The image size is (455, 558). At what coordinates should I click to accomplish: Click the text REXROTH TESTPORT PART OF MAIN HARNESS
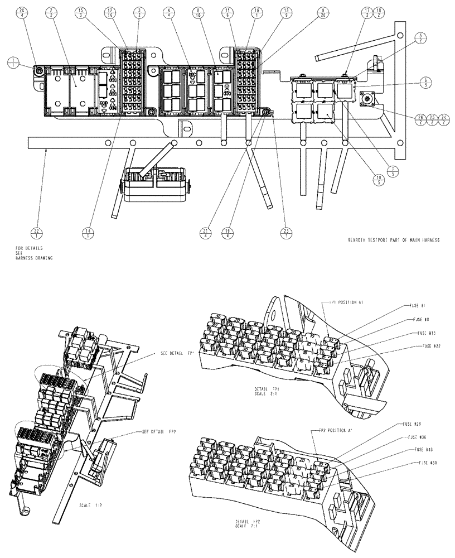[393, 240]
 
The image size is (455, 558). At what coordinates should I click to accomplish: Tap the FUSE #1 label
[415, 306]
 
